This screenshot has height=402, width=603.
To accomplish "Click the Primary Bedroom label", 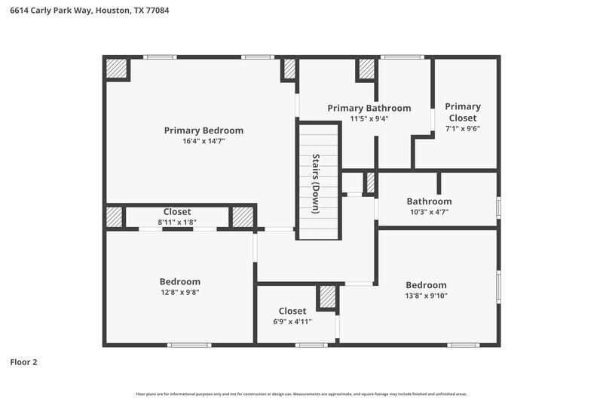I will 204,130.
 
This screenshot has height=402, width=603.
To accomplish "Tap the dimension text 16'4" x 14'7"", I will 204,141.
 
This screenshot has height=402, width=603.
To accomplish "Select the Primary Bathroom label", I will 369,108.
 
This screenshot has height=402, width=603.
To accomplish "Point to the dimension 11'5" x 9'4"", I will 369,118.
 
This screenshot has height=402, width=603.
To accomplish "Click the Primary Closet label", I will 462,112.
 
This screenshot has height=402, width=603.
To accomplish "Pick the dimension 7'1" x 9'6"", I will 462,128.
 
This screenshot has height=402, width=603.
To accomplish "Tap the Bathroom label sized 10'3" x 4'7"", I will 429,201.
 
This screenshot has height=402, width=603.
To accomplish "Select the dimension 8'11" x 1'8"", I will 177,222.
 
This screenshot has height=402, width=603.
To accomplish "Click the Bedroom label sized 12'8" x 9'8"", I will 179,281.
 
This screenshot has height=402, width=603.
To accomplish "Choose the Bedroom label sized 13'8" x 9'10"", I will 426,284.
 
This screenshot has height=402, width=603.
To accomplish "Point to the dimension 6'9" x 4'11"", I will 292,321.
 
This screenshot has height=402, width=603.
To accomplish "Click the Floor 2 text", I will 23,362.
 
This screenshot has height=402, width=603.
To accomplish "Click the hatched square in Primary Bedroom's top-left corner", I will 117,69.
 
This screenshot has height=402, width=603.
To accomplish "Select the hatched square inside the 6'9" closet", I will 327,297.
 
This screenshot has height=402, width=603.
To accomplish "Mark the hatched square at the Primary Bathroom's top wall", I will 366,69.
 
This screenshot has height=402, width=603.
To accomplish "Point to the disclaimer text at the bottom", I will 301,394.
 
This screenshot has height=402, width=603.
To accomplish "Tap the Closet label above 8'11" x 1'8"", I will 177,212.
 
